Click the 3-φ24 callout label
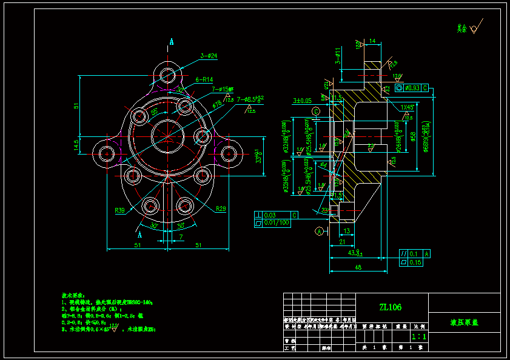click(x=209, y=56)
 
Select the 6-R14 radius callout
click(x=204, y=79)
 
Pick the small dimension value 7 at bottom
click(x=181, y=238)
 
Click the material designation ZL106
click(x=390, y=307)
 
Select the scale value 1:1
click(x=418, y=336)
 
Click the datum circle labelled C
click(x=316, y=112)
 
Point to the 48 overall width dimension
click(x=358, y=267)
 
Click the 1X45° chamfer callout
click(x=408, y=107)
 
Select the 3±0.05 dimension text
click(x=302, y=100)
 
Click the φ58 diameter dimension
click(x=413, y=138)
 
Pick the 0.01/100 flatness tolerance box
click(x=277, y=223)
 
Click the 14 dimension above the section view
click(x=372, y=41)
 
